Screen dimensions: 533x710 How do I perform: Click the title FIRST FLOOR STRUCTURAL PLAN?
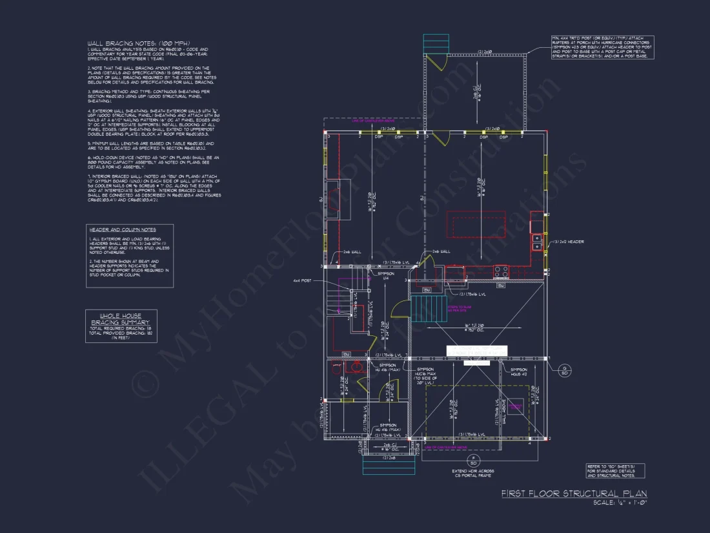[x=574, y=494]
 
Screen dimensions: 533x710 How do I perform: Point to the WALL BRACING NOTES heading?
[x=123, y=43]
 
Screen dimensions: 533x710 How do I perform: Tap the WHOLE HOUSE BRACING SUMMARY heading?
[x=120, y=318]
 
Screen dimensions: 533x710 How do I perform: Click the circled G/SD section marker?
[x=564, y=370]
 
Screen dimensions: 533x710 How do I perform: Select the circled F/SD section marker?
[x=473, y=461]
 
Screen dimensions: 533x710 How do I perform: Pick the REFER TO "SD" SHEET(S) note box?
[x=614, y=471]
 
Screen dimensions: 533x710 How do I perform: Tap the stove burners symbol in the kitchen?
[x=501, y=271]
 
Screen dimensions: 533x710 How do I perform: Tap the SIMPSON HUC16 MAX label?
[x=426, y=375]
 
